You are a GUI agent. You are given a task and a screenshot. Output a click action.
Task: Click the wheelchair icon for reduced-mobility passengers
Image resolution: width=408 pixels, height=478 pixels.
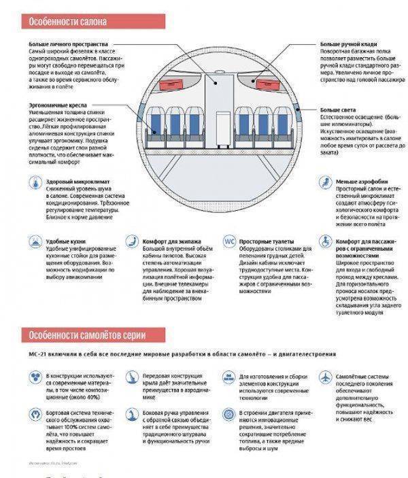pyautogui.click(x=325, y=242)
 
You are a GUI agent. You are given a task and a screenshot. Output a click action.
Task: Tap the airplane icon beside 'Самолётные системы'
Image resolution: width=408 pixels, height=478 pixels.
pyautogui.click(x=325, y=376)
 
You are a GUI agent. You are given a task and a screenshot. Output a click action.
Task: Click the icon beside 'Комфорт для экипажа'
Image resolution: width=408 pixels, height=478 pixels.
pyautogui.click(x=131, y=242)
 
